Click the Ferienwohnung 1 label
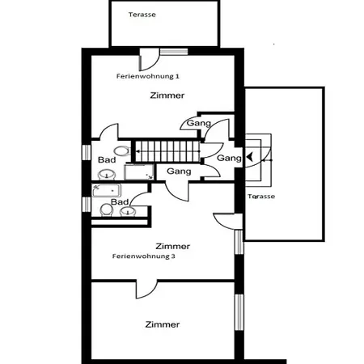148,76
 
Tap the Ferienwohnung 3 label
144,256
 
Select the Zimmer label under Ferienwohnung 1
167,95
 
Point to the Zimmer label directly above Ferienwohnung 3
173,246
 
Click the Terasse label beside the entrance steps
261,197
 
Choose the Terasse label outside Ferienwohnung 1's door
142,15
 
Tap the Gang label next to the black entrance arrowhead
229,158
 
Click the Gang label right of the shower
179,171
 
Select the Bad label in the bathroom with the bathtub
120,201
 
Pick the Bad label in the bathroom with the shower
107,160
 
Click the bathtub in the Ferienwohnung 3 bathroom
106,191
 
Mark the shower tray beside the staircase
139,171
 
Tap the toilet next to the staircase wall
122,151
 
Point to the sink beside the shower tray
107,175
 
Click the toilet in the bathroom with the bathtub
106,210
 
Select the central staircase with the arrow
167,151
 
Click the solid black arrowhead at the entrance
250,157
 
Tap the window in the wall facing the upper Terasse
174,52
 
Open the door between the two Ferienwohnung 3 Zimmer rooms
146,289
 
